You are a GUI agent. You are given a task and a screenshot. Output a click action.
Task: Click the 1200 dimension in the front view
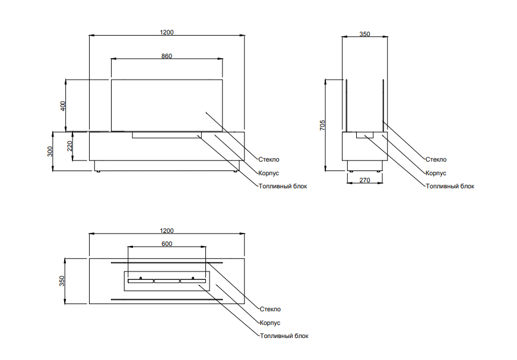(166, 31)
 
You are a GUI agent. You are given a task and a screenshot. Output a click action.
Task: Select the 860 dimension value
(166, 55)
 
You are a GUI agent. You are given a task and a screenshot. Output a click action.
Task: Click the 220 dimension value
(69, 146)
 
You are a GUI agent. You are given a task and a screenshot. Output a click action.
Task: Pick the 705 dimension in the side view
(322, 125)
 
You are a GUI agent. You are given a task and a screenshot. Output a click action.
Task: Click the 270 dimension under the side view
(365, 180)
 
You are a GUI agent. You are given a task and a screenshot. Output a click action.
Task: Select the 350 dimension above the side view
(364, 34)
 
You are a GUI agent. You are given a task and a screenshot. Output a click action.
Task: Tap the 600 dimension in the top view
(166, 244)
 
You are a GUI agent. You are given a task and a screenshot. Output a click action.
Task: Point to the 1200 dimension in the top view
(166, 230)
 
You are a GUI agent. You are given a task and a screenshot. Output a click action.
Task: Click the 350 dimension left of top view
(62, 281)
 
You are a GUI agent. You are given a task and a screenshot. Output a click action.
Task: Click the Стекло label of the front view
(269, 159)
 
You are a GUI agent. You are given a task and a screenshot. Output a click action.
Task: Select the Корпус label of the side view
(436, 173)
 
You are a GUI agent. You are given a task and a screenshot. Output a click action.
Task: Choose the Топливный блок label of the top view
(284, 336)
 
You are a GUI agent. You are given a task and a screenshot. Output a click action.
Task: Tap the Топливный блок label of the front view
(283, 186)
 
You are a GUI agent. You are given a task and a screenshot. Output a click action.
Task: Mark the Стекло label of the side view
(436, 159)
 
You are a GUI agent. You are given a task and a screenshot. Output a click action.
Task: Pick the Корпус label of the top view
(270, 323)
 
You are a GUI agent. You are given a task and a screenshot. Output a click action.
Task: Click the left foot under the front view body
(97, 171)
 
